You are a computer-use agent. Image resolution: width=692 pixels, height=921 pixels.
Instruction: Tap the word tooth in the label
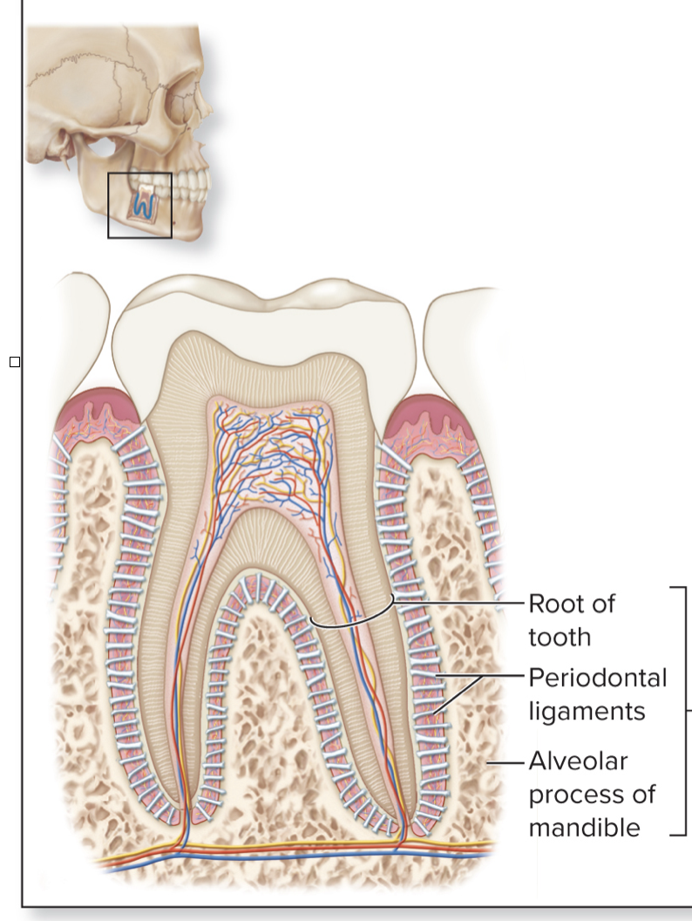coord(559,637)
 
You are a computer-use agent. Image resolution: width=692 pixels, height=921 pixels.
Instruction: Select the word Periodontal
coord(597,678)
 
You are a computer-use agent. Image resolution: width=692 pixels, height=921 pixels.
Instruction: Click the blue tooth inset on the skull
coord(140,204)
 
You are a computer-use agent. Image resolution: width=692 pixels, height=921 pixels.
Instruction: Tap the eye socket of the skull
coord(175,96)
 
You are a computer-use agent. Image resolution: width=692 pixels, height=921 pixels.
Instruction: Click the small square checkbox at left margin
coord(15,361)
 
